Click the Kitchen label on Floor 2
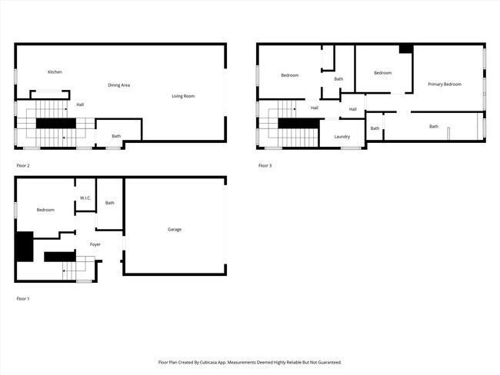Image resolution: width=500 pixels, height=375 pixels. pos(55,72)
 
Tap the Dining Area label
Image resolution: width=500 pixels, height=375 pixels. pos(118,85)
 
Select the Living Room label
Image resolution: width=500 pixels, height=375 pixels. pos(183,96)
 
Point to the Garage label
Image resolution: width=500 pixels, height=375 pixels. pos(175,229)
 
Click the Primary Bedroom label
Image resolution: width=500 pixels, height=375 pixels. pos(445,84)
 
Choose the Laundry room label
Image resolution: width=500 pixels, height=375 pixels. pos(342,137)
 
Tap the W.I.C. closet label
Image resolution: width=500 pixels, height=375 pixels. pos(85,198)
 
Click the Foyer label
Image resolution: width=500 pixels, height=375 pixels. pos(95,244)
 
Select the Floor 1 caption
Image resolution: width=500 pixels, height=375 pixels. pos(23,298)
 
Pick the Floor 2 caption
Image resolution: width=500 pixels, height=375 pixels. pos(23,165)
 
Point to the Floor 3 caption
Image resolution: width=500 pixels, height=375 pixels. pos(265,165)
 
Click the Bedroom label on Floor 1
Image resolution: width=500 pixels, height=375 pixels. pos(45,210)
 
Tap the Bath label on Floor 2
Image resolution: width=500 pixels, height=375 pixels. pos(116,136)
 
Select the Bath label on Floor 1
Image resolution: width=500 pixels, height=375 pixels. pos(110,203)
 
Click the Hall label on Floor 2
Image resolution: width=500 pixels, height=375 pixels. pos(80,105)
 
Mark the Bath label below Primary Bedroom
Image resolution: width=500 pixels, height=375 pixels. pos(434,126)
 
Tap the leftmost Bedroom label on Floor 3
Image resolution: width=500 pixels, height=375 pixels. pos(289,75)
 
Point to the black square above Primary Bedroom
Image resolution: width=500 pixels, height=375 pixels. pos(406,48)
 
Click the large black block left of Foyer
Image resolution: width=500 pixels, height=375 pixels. pos(25,247)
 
